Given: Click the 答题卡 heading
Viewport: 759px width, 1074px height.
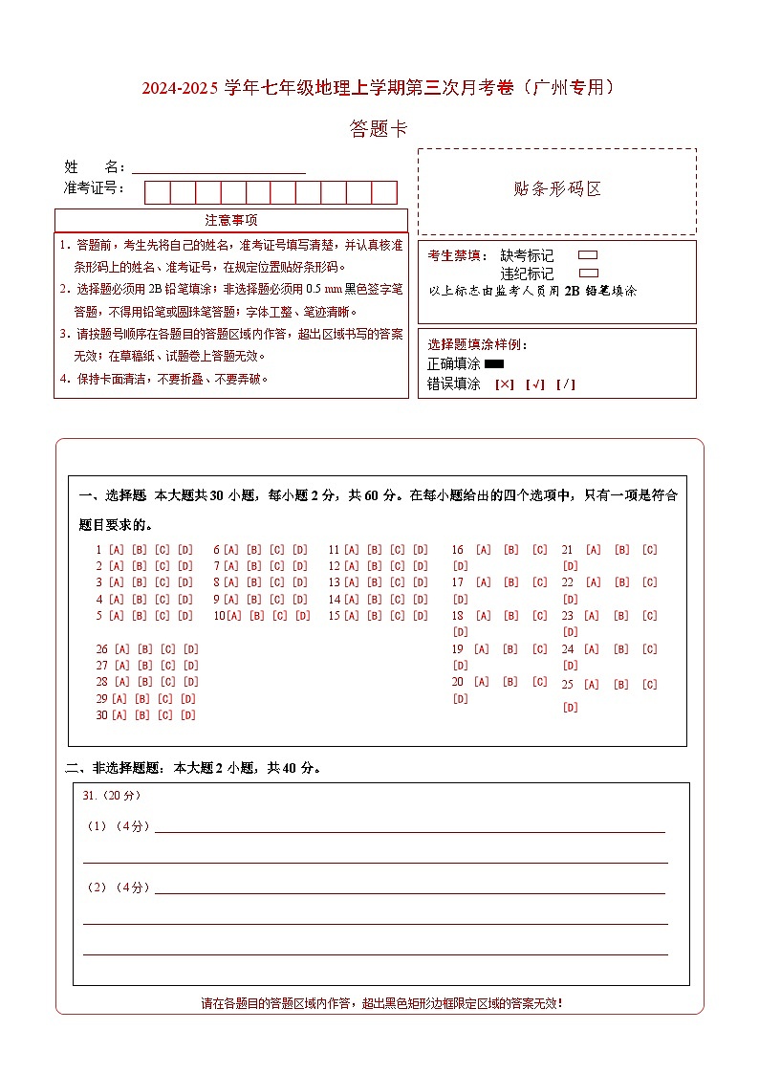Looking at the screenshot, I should pyautogui.click(x=379, y=129).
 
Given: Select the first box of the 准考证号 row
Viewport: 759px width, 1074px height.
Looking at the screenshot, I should pyautogui.click(x=157, y=192).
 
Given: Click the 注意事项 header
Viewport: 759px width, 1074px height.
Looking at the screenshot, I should pyautogui.click(x=231, y=221).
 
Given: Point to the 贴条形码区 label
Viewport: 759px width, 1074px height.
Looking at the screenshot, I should pyautogui.click(x=557, y=189).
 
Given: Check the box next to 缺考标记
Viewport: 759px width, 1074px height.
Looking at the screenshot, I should pyautogui.click(x=588, y=255).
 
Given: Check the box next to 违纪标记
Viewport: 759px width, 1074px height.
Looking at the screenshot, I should pyautogui.click(x=588, y=273).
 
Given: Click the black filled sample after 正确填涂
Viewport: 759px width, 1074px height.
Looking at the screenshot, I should pyautogui.click(x=494, y=364).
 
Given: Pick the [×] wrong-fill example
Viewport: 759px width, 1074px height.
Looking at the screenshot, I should pyautogui.click(x=504, y=384).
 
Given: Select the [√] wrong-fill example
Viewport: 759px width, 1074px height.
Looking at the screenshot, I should pyautogui.click(x=534, y=384).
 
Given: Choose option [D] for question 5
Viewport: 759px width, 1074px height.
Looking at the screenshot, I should pyautogui.click(x=185, y=616).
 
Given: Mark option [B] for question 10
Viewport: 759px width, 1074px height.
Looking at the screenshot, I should pyautogui.click(x=257, y=616).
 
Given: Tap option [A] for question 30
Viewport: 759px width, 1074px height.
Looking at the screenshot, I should pyautogui.click(x=119, y=715).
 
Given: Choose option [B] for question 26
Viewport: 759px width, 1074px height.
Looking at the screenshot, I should pyautogui.click(x=144, y=649).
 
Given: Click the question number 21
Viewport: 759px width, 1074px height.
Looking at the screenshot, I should pyautogui.click(x=567, y=550).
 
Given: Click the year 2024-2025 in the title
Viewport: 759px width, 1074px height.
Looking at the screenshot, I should pyautogui.click(x=181, y=89).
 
